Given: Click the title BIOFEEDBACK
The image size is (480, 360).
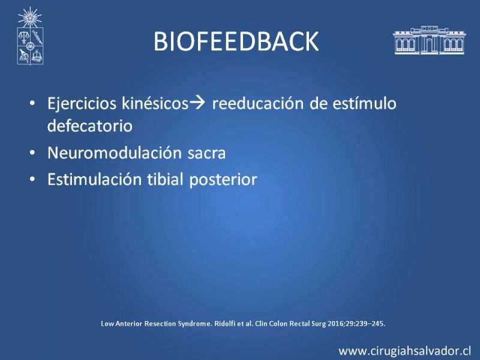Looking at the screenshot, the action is tap(236, 41).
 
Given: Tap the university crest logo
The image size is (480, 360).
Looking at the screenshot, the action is tap(30, 36).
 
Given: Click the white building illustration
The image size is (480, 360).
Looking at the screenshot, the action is tap(429, 40).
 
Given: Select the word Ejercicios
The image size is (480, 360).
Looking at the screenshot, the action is tap(82, 103).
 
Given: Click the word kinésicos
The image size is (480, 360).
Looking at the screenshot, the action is tap(155, 103).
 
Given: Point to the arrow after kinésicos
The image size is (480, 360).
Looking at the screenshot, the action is tap(197, 103).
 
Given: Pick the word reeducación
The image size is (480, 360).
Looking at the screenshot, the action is tap(257, 103).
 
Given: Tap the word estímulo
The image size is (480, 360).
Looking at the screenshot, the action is tap(364, 103).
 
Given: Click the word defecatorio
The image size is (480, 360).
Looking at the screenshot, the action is tap(89, 125).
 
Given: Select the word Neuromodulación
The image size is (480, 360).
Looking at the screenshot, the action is tap(115, 152).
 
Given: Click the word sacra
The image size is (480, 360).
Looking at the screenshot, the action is tap(206, 154).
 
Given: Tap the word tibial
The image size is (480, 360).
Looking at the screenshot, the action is tap(166, 179).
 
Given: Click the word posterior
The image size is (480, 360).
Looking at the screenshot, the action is tap(223, 180).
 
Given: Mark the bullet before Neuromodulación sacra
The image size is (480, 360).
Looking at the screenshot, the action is tap(32, 153).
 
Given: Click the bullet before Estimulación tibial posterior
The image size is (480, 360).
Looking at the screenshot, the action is tap(32, 179).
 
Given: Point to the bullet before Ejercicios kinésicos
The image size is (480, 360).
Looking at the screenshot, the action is tap(32, 103).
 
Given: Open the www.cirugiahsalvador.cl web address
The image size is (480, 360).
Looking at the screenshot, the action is tap(404, 351).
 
